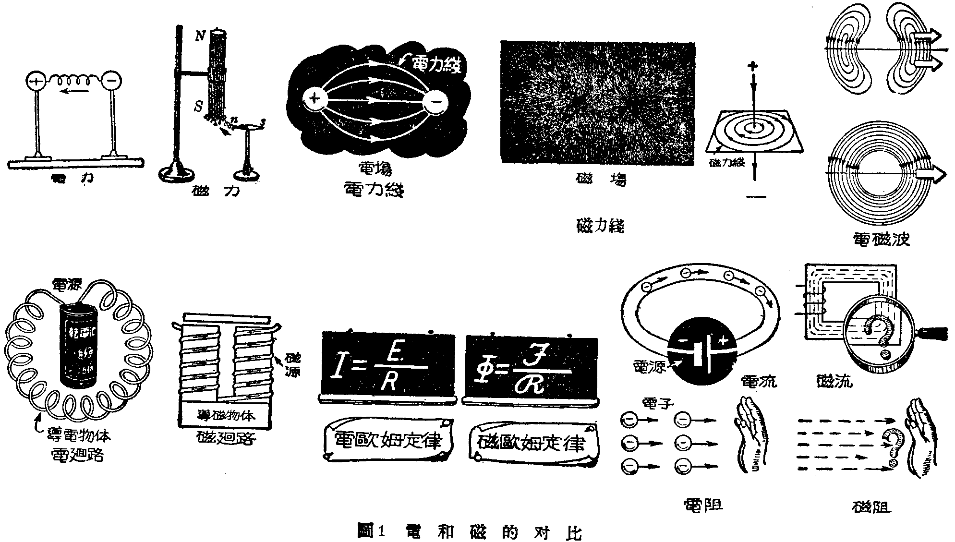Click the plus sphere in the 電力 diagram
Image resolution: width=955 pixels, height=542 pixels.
36,81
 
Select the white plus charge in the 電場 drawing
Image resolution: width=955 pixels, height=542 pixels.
314,99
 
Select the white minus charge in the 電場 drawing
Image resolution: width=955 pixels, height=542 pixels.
435,102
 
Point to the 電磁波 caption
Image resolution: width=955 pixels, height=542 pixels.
881,239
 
